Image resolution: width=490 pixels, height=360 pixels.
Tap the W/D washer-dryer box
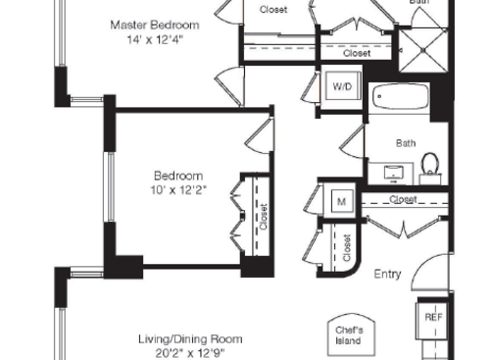pos(342,87)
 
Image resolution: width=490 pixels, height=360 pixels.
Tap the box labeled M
pos(342,201)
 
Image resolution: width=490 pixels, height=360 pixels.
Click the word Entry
pos(388,275)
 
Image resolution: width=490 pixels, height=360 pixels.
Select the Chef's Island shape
pos(349,335)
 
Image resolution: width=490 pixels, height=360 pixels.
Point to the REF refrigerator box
pos(433,318)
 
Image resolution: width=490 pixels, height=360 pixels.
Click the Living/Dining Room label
pos(189,338)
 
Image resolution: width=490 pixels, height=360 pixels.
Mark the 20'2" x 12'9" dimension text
pos(189,353)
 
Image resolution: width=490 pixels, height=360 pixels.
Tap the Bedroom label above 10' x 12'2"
pos(177,175)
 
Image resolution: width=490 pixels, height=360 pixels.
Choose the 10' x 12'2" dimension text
pos(177,190)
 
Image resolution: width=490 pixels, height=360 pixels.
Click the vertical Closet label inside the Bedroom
pos(263,216)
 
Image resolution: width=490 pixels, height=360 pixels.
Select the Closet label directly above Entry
pos(403,199)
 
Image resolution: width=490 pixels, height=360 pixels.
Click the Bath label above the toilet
pos(406,143)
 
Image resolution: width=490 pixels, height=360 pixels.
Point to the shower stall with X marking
pos(420,45)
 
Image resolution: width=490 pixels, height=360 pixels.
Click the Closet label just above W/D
pos(357,54)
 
